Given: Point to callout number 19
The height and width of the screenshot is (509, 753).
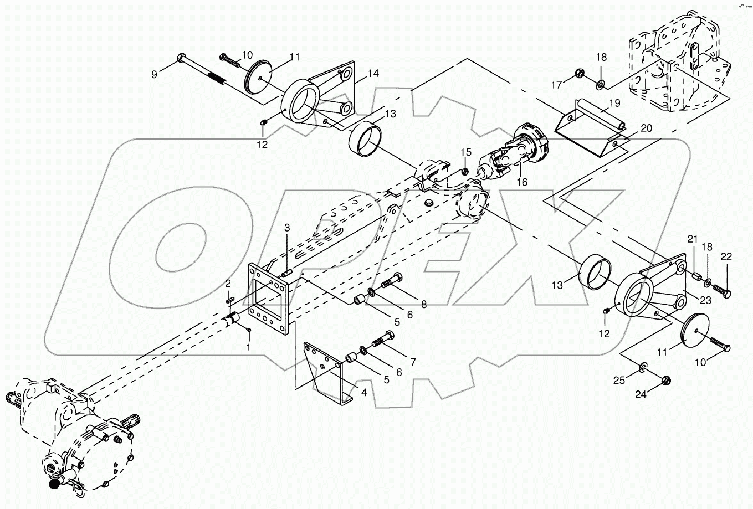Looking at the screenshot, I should tap(615, 103).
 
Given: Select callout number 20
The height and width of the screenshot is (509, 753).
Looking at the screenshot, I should tap(646, 128).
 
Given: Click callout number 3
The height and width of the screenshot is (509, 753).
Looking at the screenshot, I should tap(287, 228).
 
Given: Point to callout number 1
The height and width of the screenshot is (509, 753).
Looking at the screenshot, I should tap(249, 347).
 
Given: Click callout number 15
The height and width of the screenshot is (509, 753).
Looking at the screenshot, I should tap(466, 152).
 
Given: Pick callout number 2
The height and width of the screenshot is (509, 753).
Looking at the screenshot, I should tap(228, 284).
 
